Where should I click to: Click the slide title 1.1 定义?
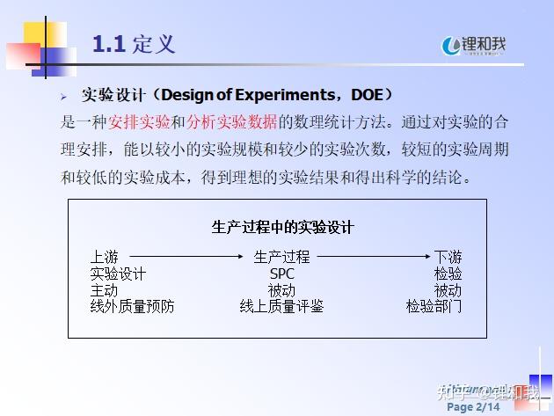point(134,44)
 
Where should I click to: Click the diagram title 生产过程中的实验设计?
point(282,227)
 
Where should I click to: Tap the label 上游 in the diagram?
point(104,258)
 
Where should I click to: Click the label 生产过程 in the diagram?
point(281,258)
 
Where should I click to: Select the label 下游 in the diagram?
point(448,258)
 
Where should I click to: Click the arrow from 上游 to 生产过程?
point(186,258)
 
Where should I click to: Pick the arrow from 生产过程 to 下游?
point(375,258)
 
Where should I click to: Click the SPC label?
point(281,274)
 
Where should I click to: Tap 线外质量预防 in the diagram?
point(132,306)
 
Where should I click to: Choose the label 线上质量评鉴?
point(281,306)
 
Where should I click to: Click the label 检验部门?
point(434,306)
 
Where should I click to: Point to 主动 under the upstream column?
point(104,290)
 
